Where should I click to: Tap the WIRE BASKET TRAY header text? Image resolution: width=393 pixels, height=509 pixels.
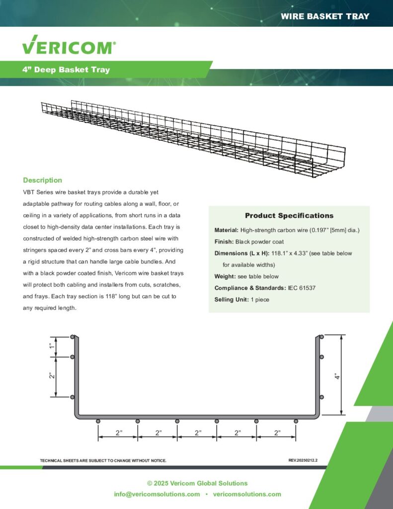pos(325,16)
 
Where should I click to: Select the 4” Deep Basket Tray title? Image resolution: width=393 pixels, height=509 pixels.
pos(66,70)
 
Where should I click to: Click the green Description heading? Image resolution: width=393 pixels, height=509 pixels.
pos(43,180)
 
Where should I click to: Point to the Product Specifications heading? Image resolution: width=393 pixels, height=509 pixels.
pos(289,216)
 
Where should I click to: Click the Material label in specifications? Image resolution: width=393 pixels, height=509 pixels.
pos(226,230)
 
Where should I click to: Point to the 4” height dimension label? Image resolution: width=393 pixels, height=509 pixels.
pos(337,376)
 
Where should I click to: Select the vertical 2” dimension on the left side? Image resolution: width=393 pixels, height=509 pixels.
pos(51,376)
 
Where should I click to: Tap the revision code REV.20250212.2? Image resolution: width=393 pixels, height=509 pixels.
pos(303,460)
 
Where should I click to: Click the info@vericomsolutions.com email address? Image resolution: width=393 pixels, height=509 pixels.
pos(157,494)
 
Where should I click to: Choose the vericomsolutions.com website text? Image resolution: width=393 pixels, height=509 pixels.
pos(247,494)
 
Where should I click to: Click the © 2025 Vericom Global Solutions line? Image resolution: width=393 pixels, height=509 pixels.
pos(197,483)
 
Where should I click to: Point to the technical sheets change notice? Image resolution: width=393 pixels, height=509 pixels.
pos(103,461)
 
